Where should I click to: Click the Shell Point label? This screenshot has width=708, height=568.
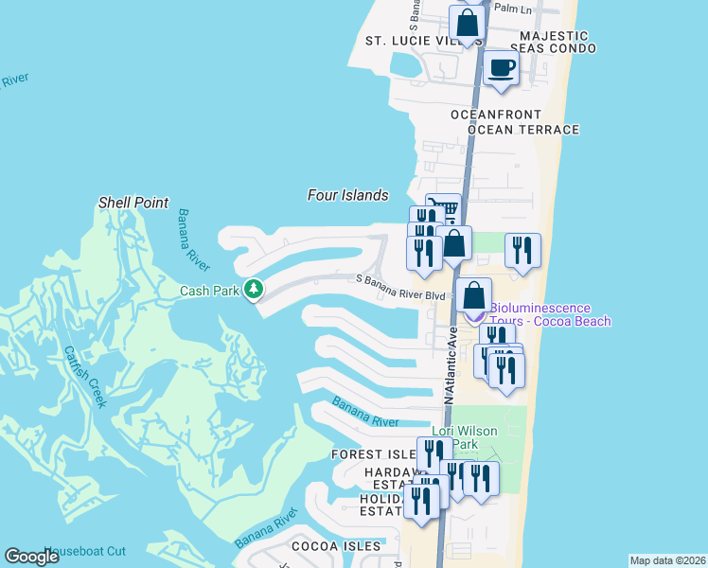coord(133,203)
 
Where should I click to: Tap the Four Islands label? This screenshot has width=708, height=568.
coord(347,195)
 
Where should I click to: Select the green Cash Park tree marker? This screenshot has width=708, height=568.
coord(253,289)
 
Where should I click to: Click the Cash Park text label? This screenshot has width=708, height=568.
coord(209,291)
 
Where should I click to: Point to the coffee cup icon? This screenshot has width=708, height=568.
coord(501,68)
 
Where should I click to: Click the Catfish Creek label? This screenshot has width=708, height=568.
coord(86,376)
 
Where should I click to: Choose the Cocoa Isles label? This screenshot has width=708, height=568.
coord(335,546)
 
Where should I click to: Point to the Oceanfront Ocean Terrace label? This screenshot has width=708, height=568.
coord(514,122)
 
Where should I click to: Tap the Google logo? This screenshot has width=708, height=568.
coord(31,557)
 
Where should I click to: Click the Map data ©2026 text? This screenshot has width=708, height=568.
coord(667,560)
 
